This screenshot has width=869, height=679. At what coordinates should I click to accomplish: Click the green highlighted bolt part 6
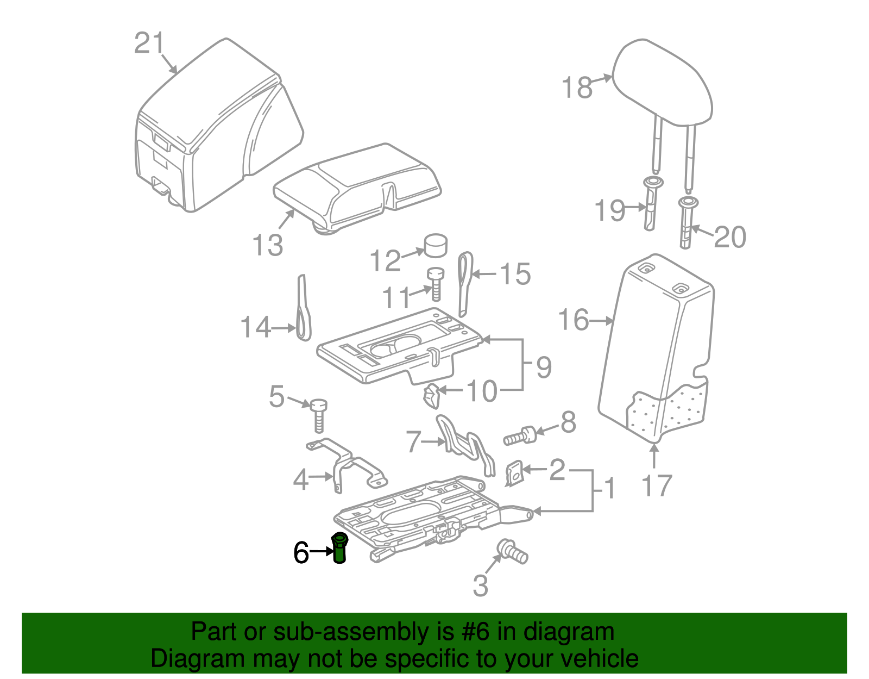(x=339, y=548)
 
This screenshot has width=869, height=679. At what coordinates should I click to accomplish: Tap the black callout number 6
(x=301, y=553)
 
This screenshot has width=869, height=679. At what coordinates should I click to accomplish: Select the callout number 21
(x=149, y=43)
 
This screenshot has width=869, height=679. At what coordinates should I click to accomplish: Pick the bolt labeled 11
(x=435, y=284)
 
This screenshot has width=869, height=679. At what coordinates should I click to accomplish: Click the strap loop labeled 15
(x=465, y=283)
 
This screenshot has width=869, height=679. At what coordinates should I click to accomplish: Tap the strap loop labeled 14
(x=303, y=313)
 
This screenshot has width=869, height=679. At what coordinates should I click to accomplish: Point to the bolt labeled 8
(x=520, y=436)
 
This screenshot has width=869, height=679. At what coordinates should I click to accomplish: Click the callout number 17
(x=657, y=485)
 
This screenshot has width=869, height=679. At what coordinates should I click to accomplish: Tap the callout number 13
(x=268, y=245)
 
